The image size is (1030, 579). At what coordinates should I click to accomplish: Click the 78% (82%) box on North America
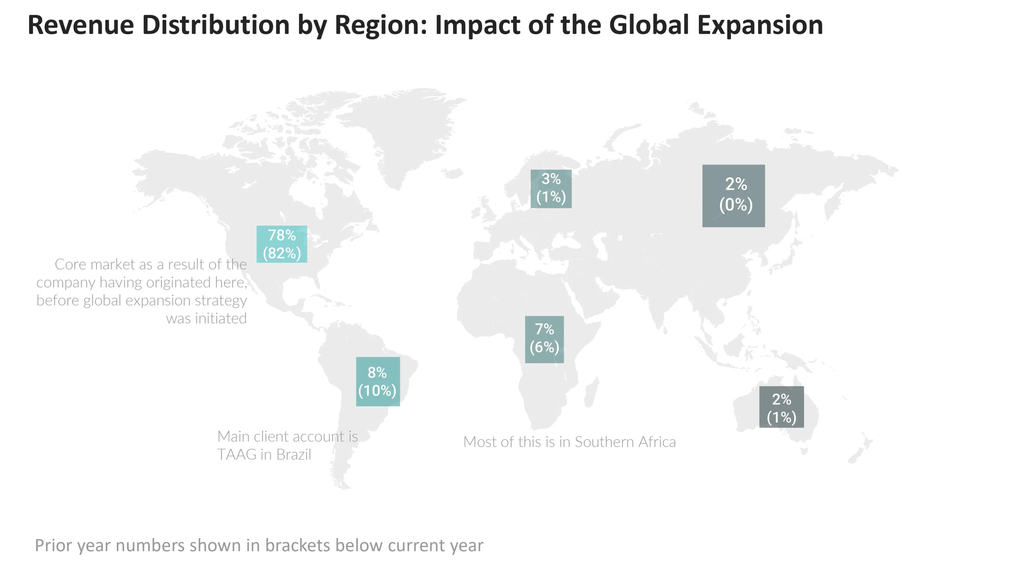282,244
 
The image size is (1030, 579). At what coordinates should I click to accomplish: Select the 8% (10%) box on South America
377,381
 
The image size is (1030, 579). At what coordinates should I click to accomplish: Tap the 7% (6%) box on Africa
544,339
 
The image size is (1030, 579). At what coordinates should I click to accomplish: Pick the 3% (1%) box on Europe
551,188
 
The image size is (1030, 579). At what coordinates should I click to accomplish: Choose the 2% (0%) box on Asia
733,195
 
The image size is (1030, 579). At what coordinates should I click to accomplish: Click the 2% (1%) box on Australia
781,407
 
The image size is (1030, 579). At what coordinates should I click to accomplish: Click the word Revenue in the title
80,25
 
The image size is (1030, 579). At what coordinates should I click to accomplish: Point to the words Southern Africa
625,442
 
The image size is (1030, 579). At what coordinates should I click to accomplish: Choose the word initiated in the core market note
220,318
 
